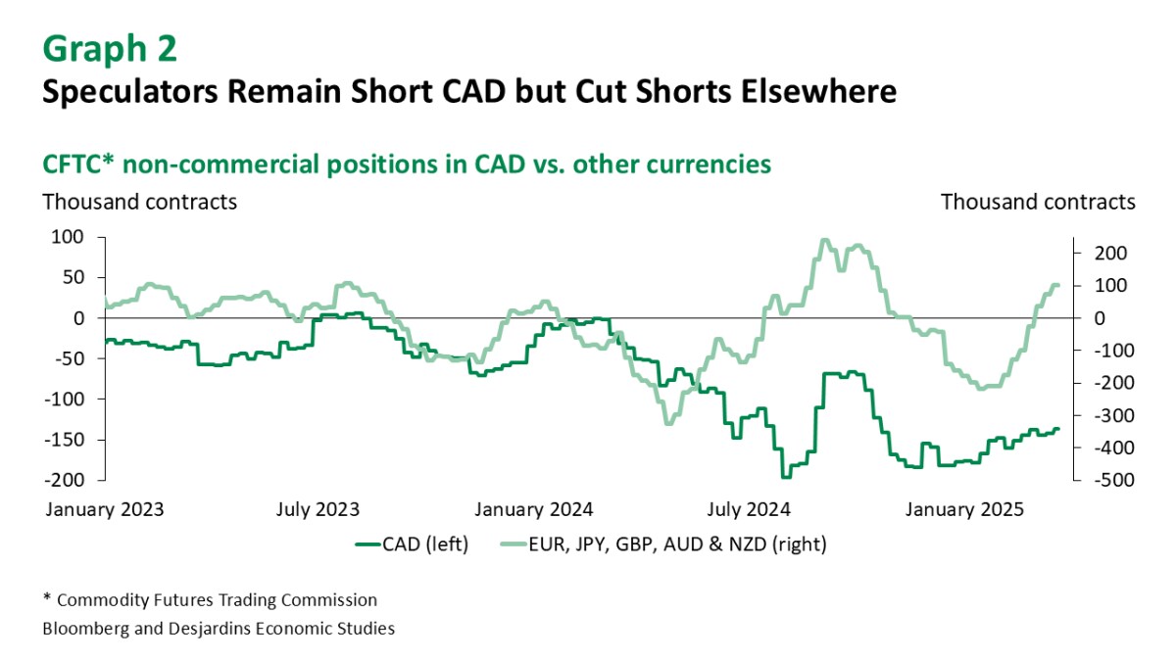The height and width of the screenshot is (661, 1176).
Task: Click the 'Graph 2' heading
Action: [111, 47]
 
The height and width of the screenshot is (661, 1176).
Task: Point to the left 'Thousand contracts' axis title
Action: [138, 202]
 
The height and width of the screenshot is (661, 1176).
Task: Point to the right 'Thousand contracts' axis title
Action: [1038, 202]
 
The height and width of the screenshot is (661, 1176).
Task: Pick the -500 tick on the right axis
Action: [1103, 480]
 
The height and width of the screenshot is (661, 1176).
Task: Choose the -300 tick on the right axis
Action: [1103, 415]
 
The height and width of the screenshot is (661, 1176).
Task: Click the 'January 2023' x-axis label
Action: [103, 509]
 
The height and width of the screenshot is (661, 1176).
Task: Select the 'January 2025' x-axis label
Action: [963, 509]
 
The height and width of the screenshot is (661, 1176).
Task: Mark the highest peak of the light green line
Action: [824, 240]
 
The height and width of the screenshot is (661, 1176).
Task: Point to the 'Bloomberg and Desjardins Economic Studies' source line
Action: [219, 629]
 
